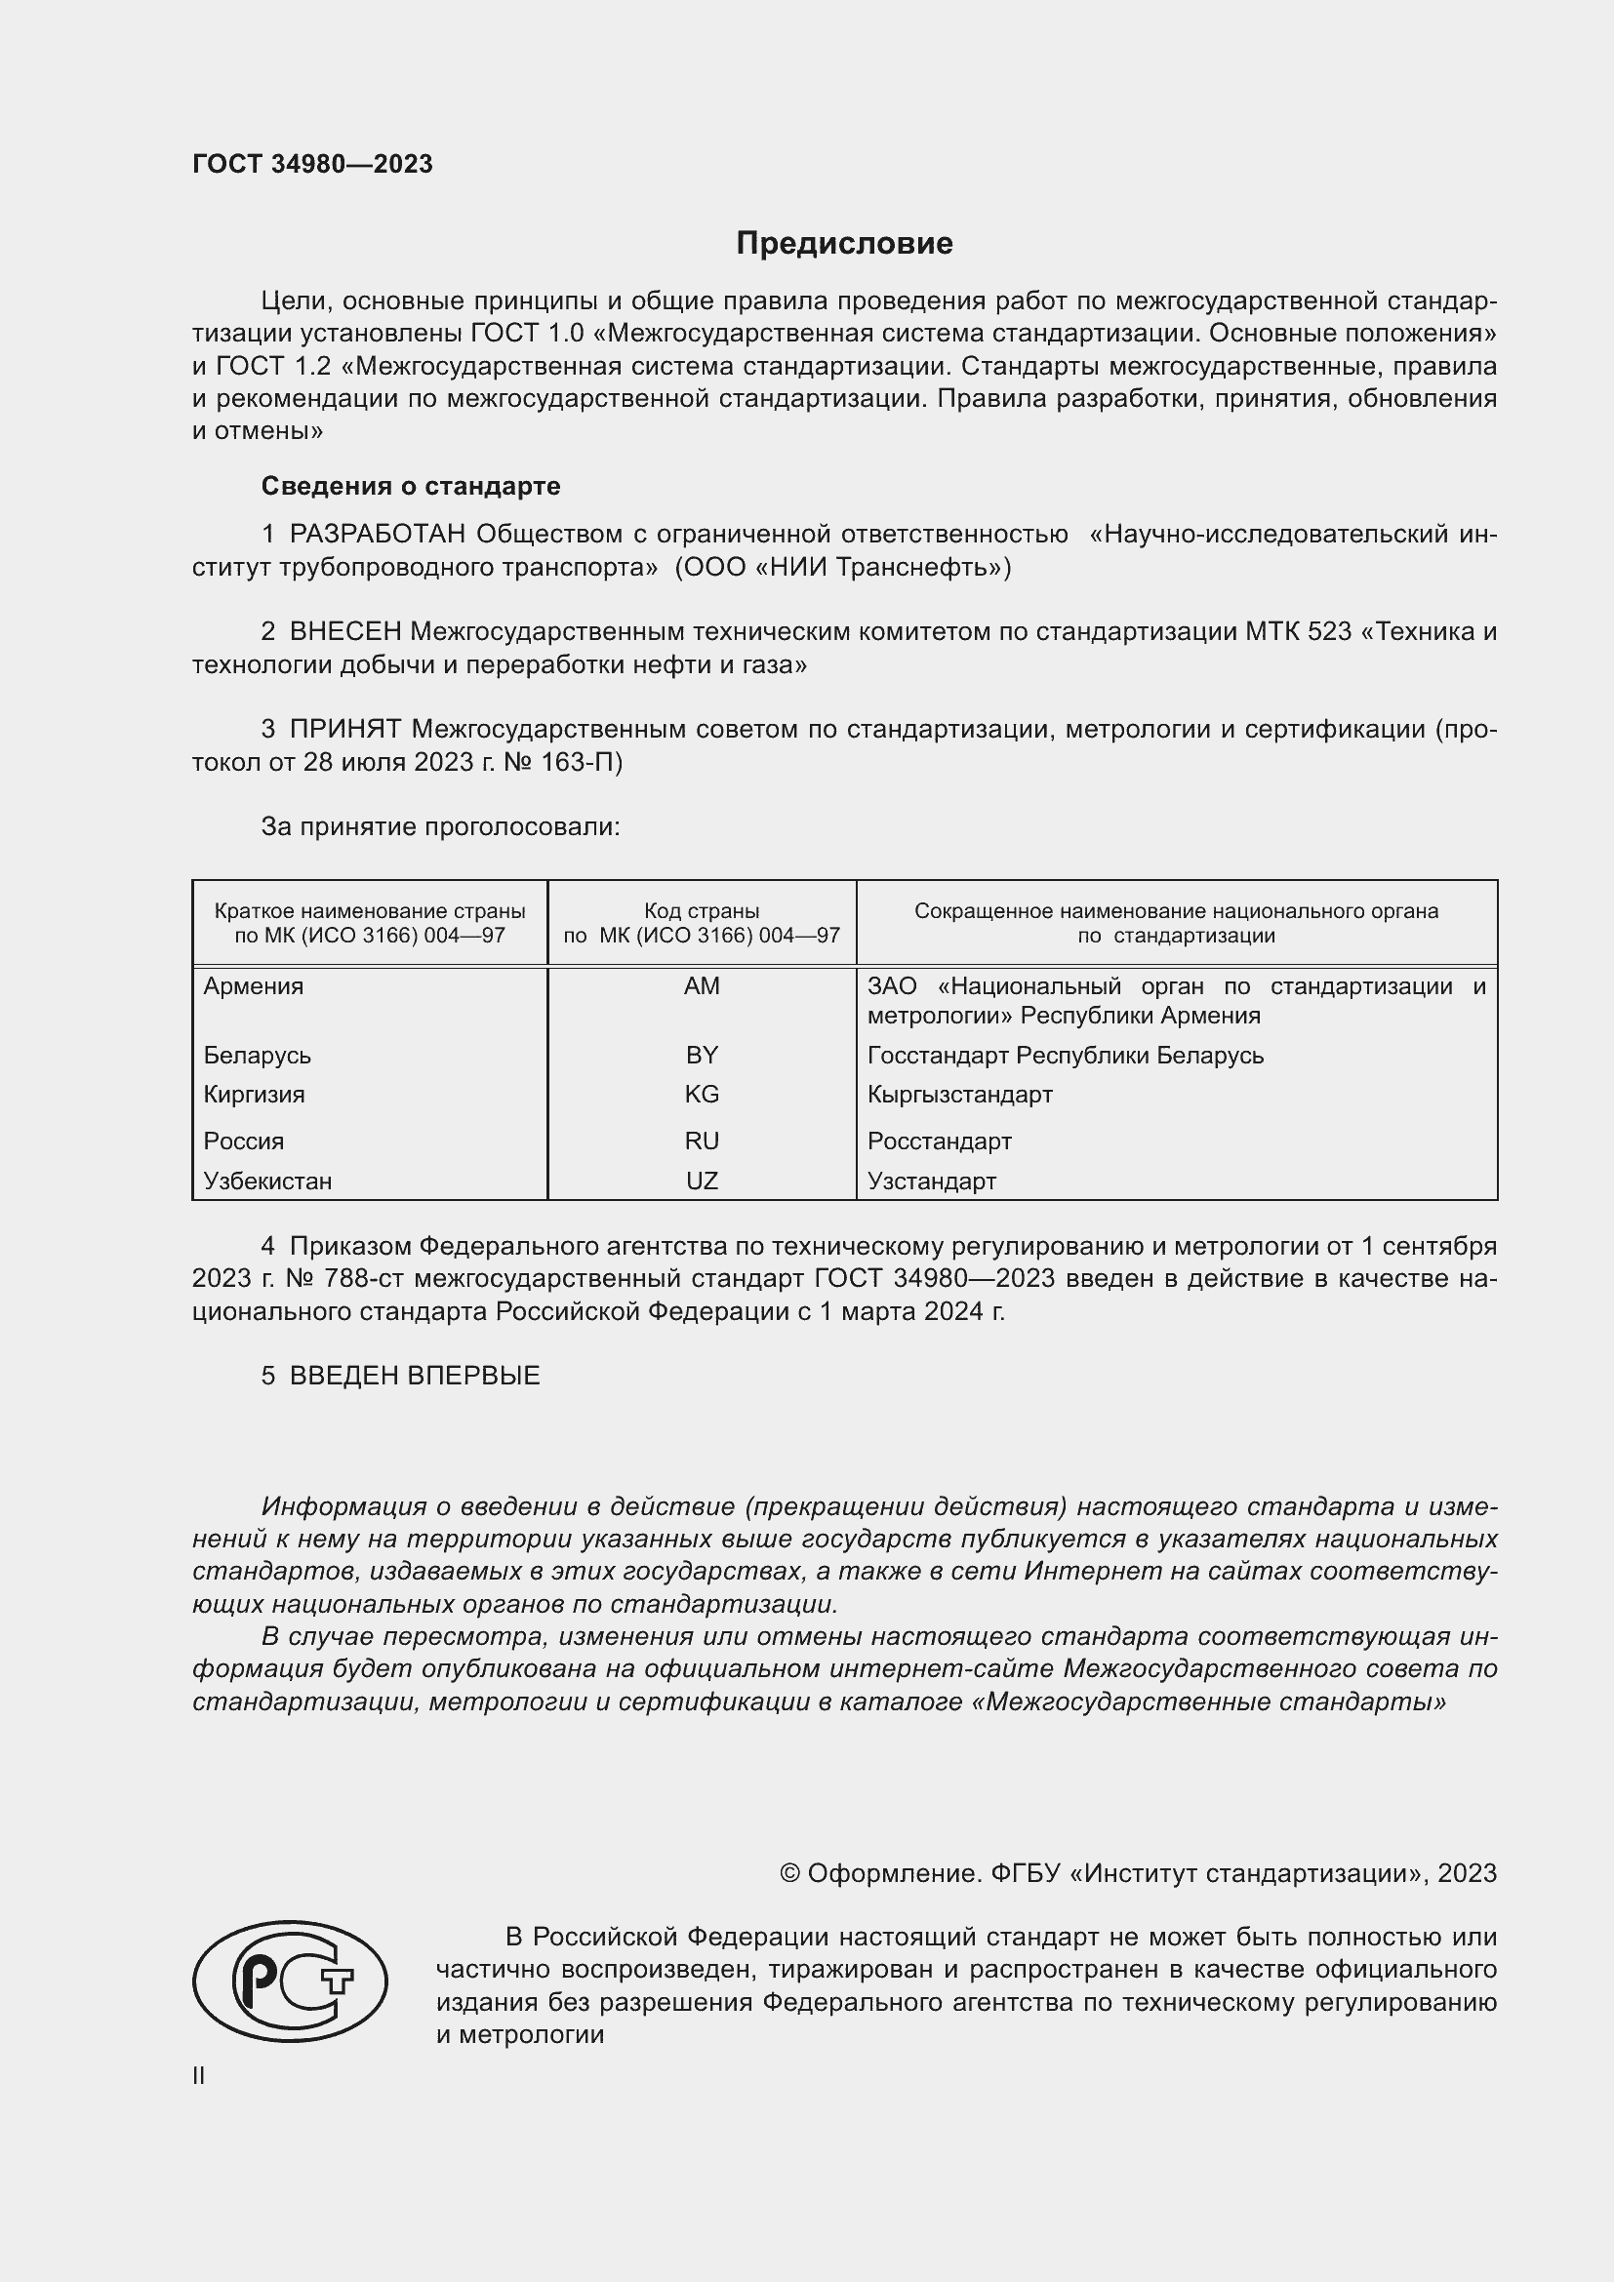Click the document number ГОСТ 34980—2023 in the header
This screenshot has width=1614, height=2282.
(312, 164)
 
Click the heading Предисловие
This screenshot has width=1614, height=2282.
(844, 244)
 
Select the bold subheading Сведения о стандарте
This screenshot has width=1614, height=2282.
(411, 486)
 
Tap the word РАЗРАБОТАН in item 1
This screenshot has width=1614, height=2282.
(377, 535)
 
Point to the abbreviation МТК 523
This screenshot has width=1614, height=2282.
(1298, 632)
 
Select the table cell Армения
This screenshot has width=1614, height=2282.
(254, 986)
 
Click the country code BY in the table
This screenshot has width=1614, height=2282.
(702, 1055)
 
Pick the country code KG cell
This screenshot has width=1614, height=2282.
(702, 1095)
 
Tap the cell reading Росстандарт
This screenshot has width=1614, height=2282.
(939, 1141)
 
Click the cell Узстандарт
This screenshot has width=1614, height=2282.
(931, 1181)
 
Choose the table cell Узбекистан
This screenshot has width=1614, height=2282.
(267, 1181)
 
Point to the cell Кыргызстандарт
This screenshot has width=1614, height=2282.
(959, 1095)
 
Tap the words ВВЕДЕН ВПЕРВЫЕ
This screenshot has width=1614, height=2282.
(415, 1376)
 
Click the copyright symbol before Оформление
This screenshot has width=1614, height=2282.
(789, 1873)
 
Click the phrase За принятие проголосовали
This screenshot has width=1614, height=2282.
(440, 827)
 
